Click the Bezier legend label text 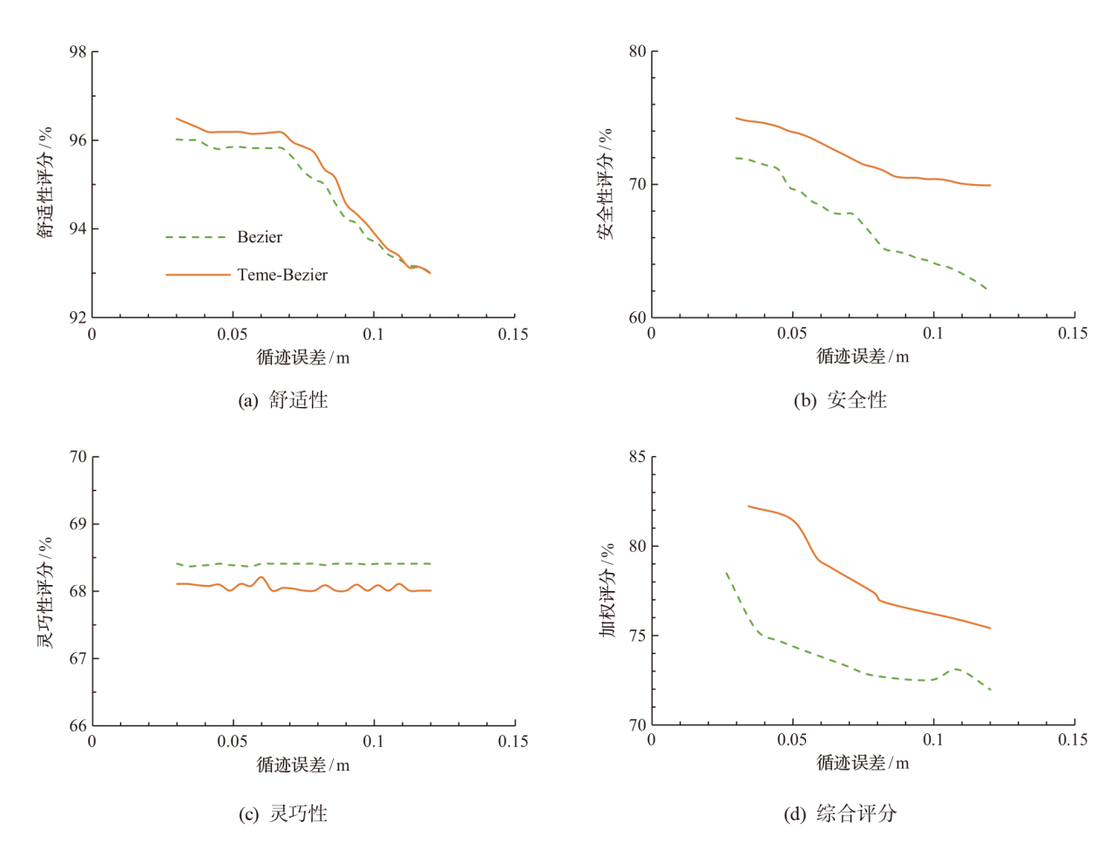pyautogui.click(x=260, y=237)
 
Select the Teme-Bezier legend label pyautogui.click(x=282, y=275)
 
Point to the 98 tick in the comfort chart pyautogui.click(x=78, y=52)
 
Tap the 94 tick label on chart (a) pyautogui.click(x=78, y=228)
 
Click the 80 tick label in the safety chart pyautogui.click(x=638, y=51)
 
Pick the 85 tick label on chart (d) pyautogui.click(x=638, y=457)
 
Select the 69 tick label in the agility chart pyautogui.click(x=78, y=524)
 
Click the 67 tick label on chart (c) pyautogui.click(x=78, y=658)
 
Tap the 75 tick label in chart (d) pyautogui.click(x=638, y=636)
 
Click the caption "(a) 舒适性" pyautogui.click(x=283, y=400)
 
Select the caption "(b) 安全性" pyautogui.click(x=840, y=400)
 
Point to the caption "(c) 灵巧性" pyautogui.click(x=283, y=813)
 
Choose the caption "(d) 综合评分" pyautogui.click(x=840, y=813)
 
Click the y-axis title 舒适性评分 pyautogui.click(x=45, y=182)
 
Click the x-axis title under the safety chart pyautogui.click(x=862, y=357)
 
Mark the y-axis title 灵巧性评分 pyautogui.click(x=45, y=591)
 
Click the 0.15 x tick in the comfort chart pyautogui.click(x=513, y=335)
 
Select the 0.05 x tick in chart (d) pyautogui.click(x=792, y=740)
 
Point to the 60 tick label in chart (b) pyautogui.click(x=638, y=317)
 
